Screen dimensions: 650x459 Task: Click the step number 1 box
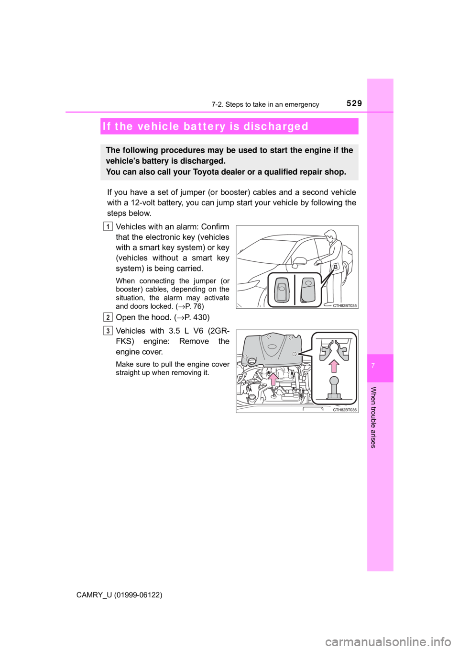[109, 226]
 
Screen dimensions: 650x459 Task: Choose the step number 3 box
[109, 330]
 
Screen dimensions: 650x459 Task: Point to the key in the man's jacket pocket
[337, 267]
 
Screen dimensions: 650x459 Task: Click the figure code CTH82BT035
[345, 305]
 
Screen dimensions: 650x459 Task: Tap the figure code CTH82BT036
[345, 410]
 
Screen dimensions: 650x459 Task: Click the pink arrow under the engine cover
[272, 380]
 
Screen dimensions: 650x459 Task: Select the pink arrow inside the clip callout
[334, 367]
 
